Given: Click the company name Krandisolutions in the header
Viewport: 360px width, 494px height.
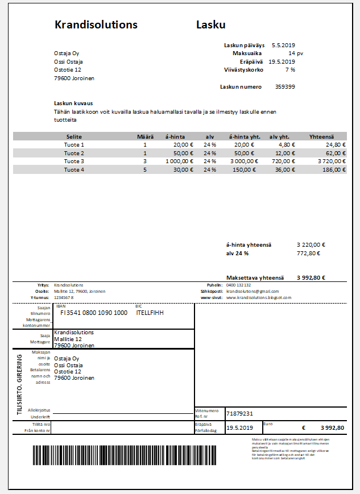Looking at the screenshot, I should (96, 25).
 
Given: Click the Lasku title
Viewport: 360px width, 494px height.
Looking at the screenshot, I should (211, 25).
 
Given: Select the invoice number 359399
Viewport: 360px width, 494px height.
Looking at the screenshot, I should (285, 87).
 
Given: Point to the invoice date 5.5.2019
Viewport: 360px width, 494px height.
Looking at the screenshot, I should (283, 45).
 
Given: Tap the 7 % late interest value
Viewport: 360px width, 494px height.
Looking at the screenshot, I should (290, 70).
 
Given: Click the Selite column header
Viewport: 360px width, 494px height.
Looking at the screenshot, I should (74, 136).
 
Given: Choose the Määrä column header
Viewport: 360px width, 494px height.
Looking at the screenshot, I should (145, 136).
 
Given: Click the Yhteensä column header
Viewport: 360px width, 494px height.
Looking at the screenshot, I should (321, 136).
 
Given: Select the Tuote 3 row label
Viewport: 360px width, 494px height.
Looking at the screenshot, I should (74, 161).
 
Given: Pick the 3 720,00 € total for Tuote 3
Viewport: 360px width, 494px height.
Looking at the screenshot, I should (328, 161).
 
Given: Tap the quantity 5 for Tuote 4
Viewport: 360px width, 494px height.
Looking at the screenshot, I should (145, 170).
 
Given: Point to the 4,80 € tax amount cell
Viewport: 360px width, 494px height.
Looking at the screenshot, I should (287, 145).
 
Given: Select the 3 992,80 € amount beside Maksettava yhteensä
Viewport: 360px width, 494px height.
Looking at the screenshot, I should (311, 278).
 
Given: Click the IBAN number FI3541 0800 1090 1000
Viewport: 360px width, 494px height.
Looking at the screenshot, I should (94, 313).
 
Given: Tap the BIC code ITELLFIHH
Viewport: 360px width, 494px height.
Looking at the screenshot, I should (150, 313).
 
